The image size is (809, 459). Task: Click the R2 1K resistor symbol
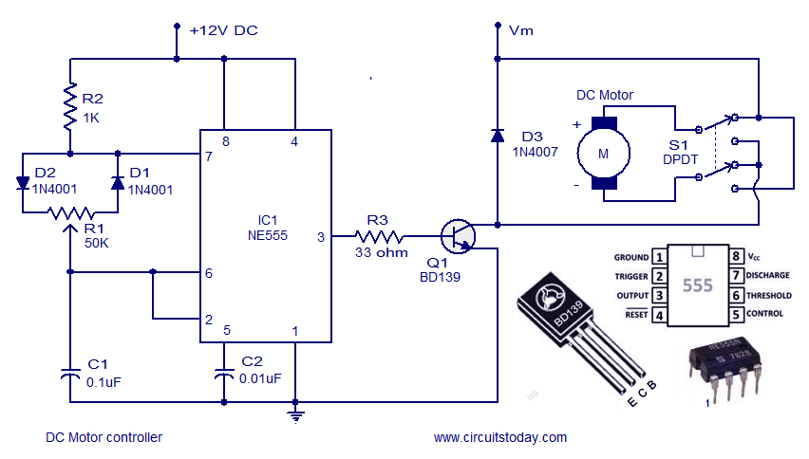69,106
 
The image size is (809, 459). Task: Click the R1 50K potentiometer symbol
70,214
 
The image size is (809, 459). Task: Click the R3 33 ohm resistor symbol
379,235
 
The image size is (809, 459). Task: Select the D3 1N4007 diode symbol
497,136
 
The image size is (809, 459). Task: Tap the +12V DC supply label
223,30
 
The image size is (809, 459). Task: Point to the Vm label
521,30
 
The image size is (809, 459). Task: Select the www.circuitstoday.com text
499,437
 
